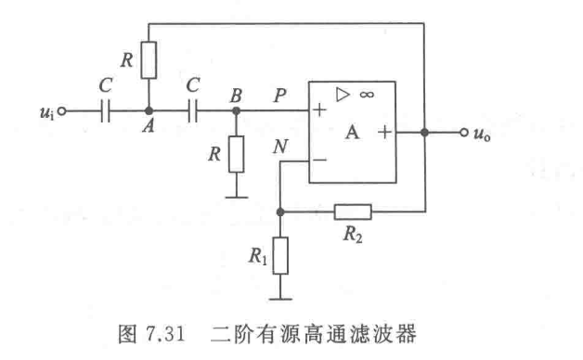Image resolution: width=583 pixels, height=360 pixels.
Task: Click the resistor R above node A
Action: point(149,59)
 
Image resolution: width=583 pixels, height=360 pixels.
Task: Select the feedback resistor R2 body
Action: point(353,212)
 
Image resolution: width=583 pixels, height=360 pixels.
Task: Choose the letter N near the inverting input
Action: point(279,146)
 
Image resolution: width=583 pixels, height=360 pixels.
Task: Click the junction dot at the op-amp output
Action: point(423,133)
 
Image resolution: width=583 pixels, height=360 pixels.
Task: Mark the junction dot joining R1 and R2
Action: point(280,212)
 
